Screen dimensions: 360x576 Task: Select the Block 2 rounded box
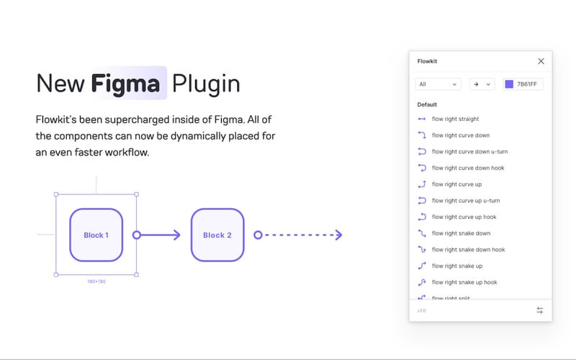point(217,235)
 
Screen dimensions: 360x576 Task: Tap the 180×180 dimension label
point(96,282)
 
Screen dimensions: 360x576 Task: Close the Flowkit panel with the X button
point(541,61)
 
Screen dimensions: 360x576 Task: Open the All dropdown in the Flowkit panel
point(438,84)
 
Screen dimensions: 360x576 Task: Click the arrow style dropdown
point(482,84)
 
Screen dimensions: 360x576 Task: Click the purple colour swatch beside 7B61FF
point(509,84)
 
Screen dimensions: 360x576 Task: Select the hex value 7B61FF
point(528,84)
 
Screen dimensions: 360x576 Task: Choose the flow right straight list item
point(455,119)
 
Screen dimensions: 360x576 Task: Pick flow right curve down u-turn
point(469,152)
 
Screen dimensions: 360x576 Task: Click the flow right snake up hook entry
point(464,282)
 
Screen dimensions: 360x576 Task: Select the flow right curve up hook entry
point(464,217)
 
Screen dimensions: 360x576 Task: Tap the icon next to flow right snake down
point(422,233)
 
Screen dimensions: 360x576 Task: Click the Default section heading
point(427,104)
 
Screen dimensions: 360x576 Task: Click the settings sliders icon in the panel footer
point(540,310)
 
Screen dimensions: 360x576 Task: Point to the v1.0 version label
point(421,310)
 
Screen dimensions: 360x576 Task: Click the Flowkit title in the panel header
point(428,61)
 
